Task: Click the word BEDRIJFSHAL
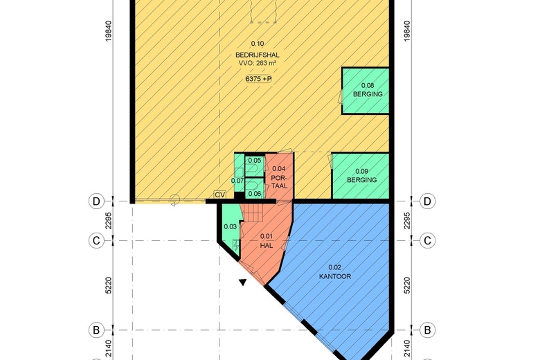pyautogui.click(x=258, y=55)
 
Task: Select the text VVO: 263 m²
pyautogui.click(x=258, y=64)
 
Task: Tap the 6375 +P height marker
pyautogui.click(x=258, y=79)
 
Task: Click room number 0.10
pyautogui.click(x=258, y=44)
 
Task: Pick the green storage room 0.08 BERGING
pyautogui.click(x=366, y=91)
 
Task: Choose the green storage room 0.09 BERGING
pyautogui.click(x=361, y=176)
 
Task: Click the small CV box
pyautogui.click(x=220, y=195)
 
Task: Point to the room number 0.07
pyautogui.click(x=237, y=181)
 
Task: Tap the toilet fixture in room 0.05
pyautogui.click(x=253, y=169)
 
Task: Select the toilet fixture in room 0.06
pyautogui.click(x=253, y=186)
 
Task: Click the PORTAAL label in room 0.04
pyautogui.click(x=279, y=181)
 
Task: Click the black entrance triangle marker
pyautogui.click(x=243, y=282)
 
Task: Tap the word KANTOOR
pyautogui.click(x=335, y=276)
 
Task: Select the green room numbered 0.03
pyautogui.click(x=230, y=228)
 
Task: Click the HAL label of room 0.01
pyautogui.click(x=267, y=246)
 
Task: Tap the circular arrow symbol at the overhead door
pyautogui.click(x=175, y=199)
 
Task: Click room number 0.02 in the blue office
pyautogui.click(x=335, y=267)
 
